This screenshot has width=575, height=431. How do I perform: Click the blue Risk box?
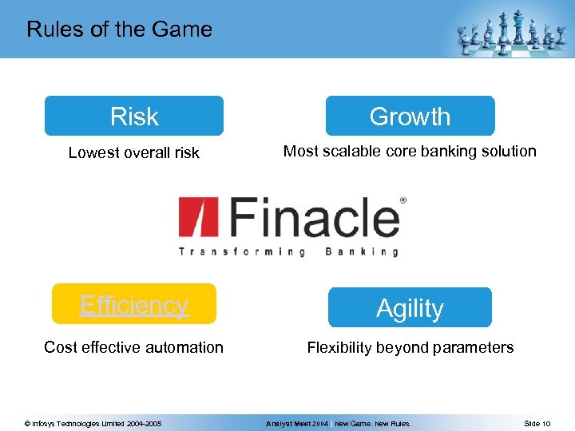(134, 117)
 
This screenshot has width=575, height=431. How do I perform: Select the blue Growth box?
(410, 117)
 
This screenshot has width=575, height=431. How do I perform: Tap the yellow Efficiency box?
(134, 304)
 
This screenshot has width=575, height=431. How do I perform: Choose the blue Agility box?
(410, 308)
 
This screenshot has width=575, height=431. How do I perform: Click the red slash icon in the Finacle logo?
(194, 217)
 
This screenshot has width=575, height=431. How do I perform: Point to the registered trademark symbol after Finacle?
(402, 201)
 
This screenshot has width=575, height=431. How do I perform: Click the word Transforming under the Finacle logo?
(241, 251)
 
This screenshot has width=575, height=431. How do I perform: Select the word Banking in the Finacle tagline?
(362, 251)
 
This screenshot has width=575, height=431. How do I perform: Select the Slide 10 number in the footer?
(537, 423)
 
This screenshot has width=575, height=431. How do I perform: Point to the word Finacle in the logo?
(315, 217)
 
